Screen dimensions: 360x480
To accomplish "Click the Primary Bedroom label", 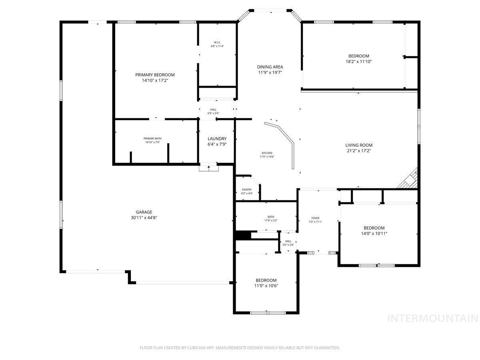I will [x=155, y=75].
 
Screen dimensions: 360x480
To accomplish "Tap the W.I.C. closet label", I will [x=217, y=42].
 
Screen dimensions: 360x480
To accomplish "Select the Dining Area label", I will [x=270, y=67].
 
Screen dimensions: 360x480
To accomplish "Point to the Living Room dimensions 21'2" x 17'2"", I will [x=359, y=151].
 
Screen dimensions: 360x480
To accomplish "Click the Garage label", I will [x=144, y=212].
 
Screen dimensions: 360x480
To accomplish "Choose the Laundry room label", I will [x=217, y=139].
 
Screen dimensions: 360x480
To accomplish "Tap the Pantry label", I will [x=247, y=190].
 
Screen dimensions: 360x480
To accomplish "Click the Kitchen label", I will [x=267, y=153].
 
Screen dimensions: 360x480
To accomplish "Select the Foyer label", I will [x=315, y=218].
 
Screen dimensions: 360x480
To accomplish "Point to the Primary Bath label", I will [x=153, y=138].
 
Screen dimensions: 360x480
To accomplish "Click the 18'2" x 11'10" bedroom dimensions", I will [x=358, y=62].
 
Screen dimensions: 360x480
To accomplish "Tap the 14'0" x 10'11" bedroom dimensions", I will [x=374, y=234].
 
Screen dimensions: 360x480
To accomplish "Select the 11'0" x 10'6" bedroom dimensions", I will [x=266, y=286].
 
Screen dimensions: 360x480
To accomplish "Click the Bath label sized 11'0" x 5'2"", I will [x=271, y=217].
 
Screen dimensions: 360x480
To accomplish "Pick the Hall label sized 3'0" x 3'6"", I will [x=288, y=241].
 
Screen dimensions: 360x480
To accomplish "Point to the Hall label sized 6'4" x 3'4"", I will [x=213, y=110].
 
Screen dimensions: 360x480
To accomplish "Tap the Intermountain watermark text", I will [x=433, y=318].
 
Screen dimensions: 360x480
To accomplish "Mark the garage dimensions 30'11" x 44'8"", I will [x=144, y=218].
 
